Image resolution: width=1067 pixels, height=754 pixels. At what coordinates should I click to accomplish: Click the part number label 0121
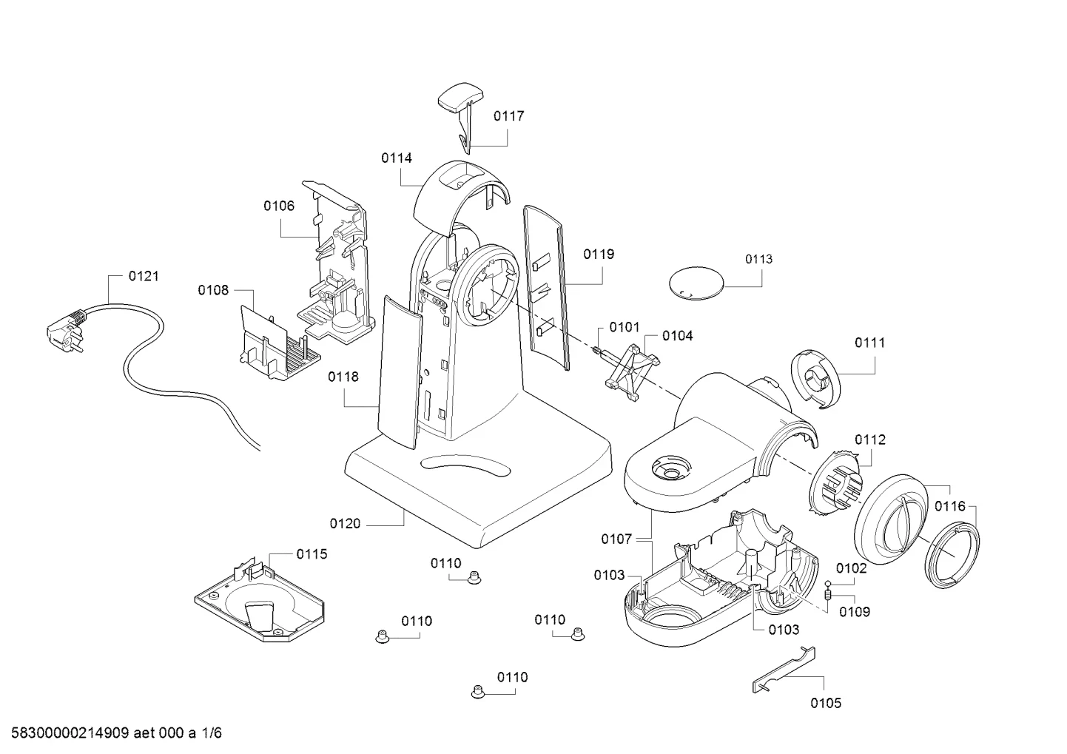pos(144,276)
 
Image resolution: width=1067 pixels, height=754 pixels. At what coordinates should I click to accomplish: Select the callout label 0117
pos(508,115)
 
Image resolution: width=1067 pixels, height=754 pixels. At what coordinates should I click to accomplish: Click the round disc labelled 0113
pos(696,283)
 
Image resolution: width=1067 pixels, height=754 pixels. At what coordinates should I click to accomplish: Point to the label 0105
pos(826,703)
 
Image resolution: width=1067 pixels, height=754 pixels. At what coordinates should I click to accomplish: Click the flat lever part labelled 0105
pos(784,670)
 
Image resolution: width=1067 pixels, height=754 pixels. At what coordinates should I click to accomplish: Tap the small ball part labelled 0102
pos(828,584)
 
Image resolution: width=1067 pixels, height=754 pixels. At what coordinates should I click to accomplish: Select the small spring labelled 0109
pos(828,595)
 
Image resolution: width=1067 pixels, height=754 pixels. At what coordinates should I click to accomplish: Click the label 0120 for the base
pos(345,524)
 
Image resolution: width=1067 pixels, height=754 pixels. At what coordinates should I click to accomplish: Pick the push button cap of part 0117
pos(460,97)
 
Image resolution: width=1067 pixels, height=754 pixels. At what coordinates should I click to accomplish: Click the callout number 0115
pos(312,554)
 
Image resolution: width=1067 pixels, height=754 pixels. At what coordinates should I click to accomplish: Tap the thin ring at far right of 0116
pos(952,554)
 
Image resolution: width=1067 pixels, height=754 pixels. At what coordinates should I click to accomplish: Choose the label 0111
pos(869,343)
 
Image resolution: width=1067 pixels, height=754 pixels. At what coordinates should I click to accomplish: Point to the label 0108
pos(213,290)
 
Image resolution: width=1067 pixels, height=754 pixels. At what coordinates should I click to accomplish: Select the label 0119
pos(599,255)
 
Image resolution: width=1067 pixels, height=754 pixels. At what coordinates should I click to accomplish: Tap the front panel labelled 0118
pos(400,372)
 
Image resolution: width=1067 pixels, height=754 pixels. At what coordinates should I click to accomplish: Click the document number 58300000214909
pos(70,733)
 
